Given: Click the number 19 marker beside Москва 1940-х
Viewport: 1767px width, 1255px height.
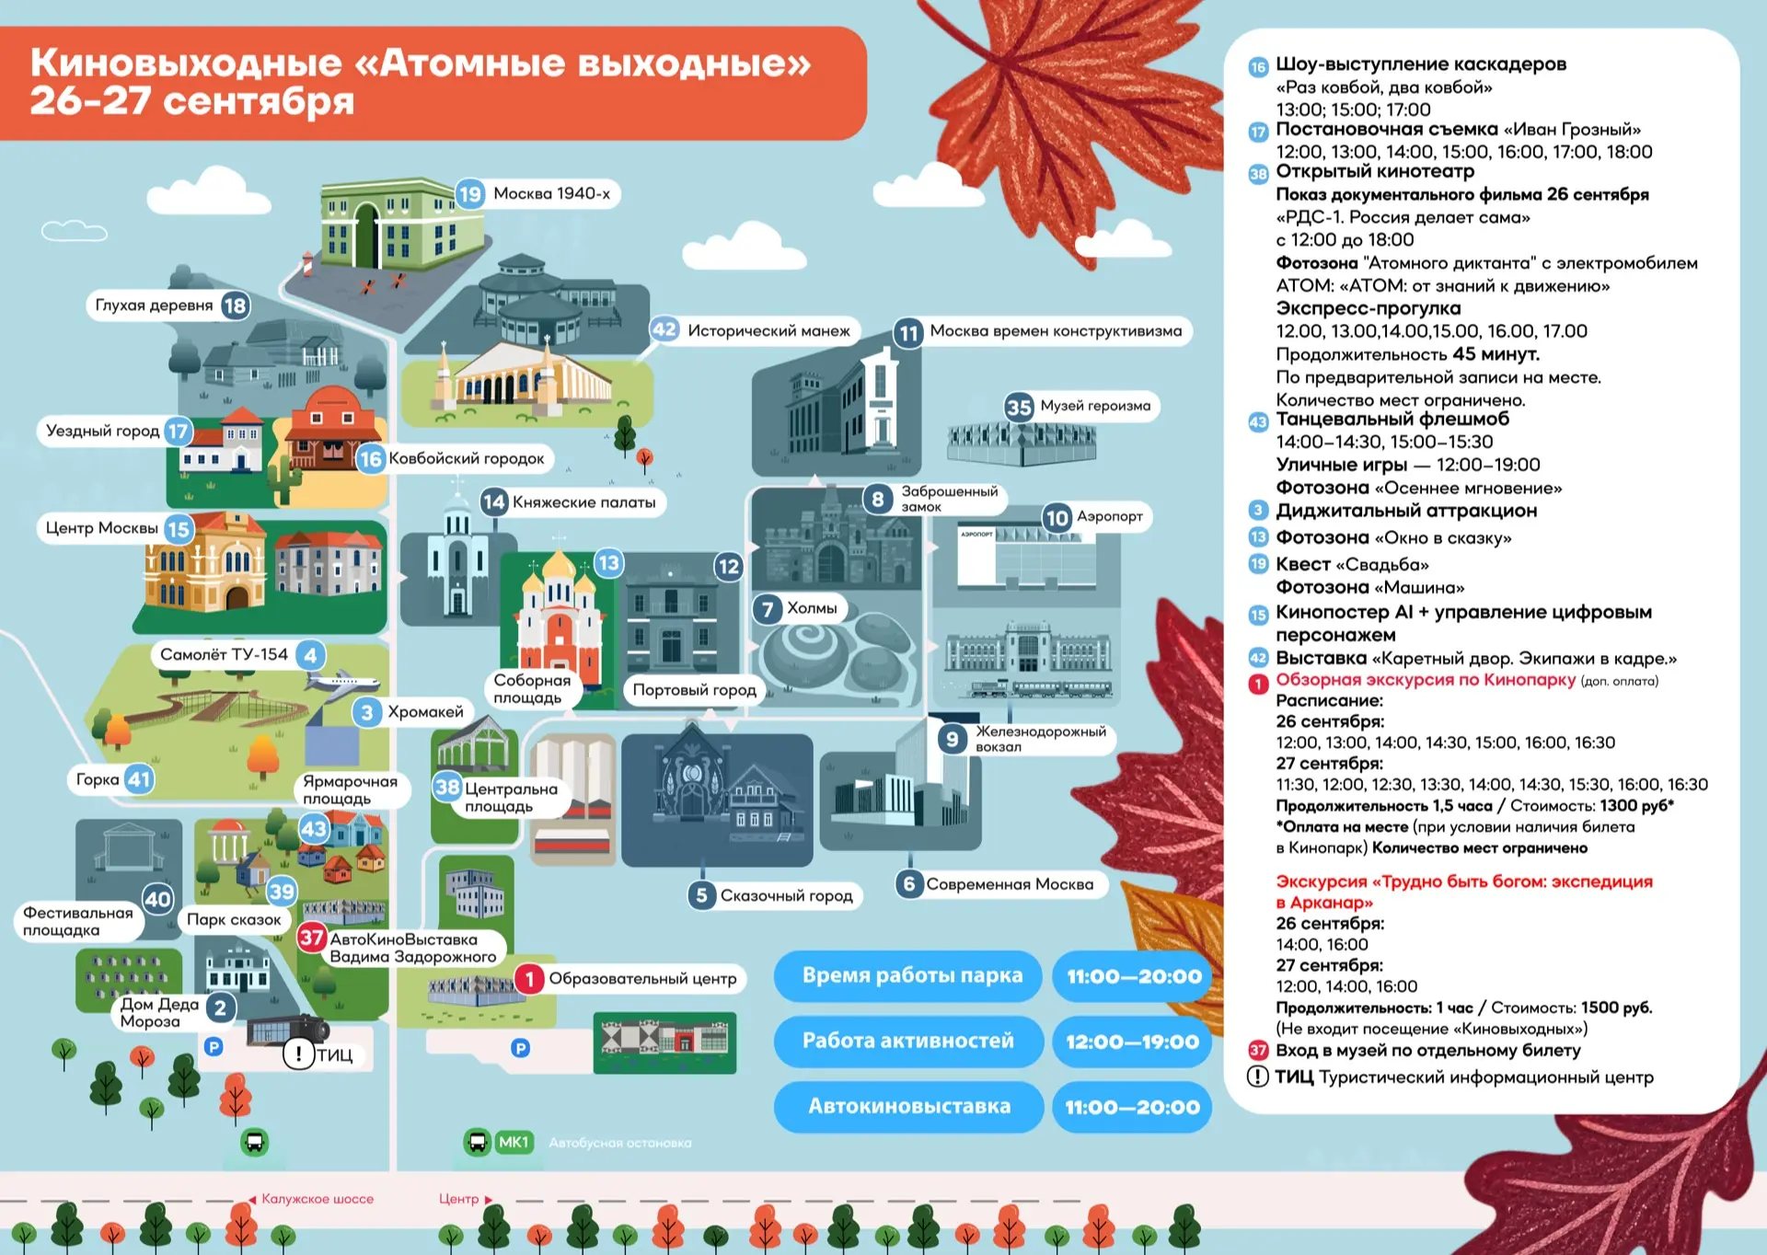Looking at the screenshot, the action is point(470,194).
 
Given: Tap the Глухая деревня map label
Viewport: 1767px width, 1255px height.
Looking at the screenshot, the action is point(155,305).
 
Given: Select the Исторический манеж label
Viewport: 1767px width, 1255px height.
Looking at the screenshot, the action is point(768,330).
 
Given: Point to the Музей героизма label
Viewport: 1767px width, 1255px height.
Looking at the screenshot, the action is point(1095,406).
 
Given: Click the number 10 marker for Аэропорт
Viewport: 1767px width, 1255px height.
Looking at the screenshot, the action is point(1057,518).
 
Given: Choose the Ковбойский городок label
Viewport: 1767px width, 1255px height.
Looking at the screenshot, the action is point(467,458).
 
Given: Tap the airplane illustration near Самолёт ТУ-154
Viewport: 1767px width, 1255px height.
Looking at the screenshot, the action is point(341,682).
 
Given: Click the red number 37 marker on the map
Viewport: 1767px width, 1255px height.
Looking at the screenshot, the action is point(311,938).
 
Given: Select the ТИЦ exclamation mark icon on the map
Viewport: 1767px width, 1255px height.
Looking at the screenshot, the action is point(298,1054).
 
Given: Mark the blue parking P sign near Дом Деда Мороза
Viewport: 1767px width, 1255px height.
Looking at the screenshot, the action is point(214,1046).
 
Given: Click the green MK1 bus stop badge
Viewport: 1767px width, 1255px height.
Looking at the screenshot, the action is point(514,1142).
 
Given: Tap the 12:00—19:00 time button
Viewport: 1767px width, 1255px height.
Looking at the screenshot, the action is point(1132,1042).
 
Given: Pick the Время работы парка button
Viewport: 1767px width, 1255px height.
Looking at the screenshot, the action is point(908,976).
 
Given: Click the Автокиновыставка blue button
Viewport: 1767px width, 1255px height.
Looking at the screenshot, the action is point(909,1107).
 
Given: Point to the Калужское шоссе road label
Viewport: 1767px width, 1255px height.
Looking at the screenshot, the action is point(318,1199).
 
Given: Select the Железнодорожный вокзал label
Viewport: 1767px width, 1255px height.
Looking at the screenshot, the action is point(1041,739).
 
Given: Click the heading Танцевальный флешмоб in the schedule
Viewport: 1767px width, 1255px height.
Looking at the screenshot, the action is point(1392,420).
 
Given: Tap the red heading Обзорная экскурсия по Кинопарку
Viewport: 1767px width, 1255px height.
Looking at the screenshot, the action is point(1426,680).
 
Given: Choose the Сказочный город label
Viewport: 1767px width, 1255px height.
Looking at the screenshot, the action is point(787,896).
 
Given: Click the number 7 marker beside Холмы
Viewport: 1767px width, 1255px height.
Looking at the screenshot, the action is point(768,609).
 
